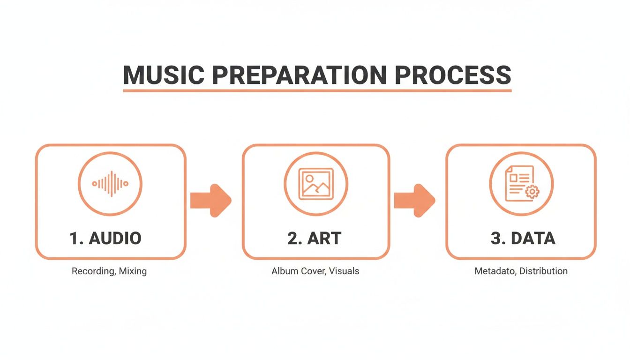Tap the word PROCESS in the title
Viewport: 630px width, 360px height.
[x=453, y=75]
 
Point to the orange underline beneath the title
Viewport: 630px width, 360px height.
[x=317, y=90]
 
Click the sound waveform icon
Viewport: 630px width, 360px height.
[x=110, y=184]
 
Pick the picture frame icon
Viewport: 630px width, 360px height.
[x=316, y=184]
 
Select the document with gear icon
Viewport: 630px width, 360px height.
[x=521, y=184]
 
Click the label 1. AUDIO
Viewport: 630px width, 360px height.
[x=105, y=238]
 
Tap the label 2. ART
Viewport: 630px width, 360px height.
[x=315, y=238]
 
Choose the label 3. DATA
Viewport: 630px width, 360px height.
[x=523, y=238]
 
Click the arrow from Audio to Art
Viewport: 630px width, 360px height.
[x=210, y=200]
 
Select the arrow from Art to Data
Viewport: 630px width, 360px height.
[x=414, y=200]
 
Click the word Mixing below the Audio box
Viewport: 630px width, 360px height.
[x=133, y=271]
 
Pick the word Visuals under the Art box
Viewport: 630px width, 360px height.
[x=344, y=271]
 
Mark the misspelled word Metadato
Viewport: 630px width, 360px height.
[x=495, y=271]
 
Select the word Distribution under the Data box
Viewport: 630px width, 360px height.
[x=543, y=271]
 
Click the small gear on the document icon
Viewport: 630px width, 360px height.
[x=532, y=191]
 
